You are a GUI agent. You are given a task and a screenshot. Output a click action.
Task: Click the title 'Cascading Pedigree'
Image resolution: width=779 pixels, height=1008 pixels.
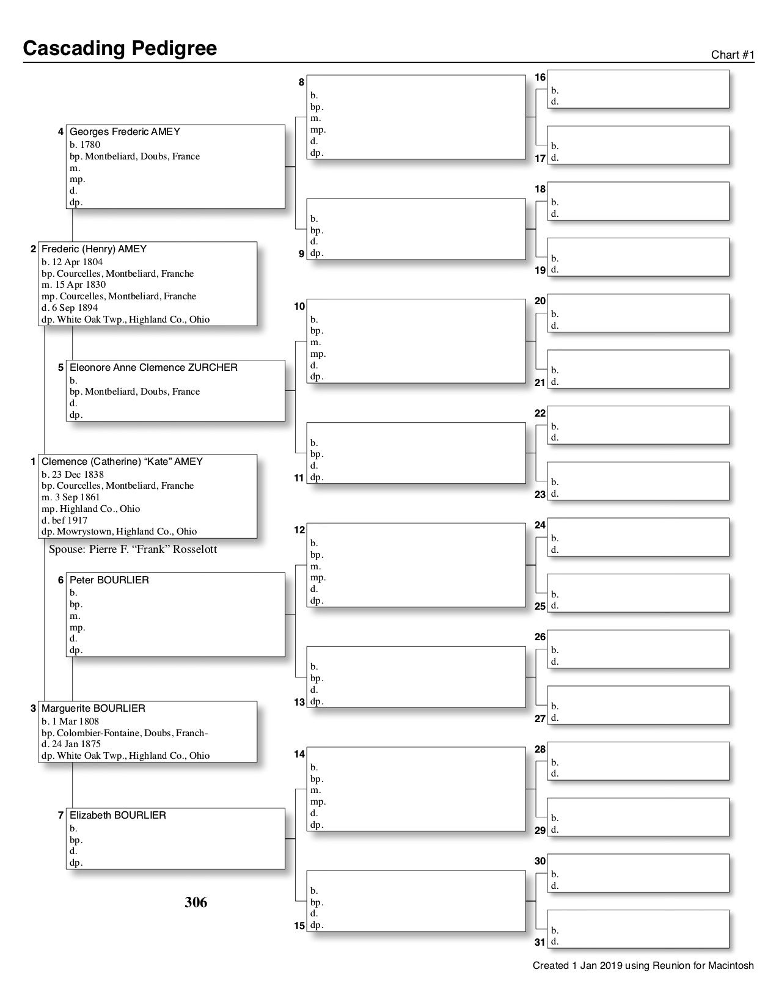point(120,48)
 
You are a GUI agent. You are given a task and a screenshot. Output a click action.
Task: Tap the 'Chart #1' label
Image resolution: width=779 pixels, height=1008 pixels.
point(733,55)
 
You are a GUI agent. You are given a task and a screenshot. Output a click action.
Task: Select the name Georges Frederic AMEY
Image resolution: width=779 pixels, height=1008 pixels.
point(125,132)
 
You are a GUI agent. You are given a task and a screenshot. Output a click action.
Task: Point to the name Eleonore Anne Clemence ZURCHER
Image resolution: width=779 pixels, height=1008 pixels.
point(153,368)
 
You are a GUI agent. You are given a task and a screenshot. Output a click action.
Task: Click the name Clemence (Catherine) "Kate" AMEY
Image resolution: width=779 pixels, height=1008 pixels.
point(122,462)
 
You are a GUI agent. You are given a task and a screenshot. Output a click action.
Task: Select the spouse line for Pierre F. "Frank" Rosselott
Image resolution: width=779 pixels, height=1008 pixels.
point(133,549)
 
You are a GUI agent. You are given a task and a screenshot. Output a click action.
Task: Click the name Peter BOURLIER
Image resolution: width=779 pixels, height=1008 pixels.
point(109,580)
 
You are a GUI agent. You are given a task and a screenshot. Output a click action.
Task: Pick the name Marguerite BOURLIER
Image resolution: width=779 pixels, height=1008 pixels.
point(93,709)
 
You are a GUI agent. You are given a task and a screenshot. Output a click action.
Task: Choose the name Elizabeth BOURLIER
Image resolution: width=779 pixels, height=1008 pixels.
point(117,816)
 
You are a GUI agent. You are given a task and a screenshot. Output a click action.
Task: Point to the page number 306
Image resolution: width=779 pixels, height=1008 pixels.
point(196,902)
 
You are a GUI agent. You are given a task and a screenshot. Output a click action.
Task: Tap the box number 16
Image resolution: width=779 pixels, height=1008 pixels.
point(540,78)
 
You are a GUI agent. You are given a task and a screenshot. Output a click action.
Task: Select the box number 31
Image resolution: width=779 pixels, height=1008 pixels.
point(540,943)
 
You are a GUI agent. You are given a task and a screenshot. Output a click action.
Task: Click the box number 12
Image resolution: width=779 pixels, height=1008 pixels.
point(299,530)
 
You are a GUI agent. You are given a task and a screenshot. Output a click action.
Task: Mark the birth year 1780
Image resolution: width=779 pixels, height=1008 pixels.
point(90,145)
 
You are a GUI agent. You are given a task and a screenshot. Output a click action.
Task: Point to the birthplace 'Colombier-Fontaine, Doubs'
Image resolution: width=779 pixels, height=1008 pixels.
point(122,732)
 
